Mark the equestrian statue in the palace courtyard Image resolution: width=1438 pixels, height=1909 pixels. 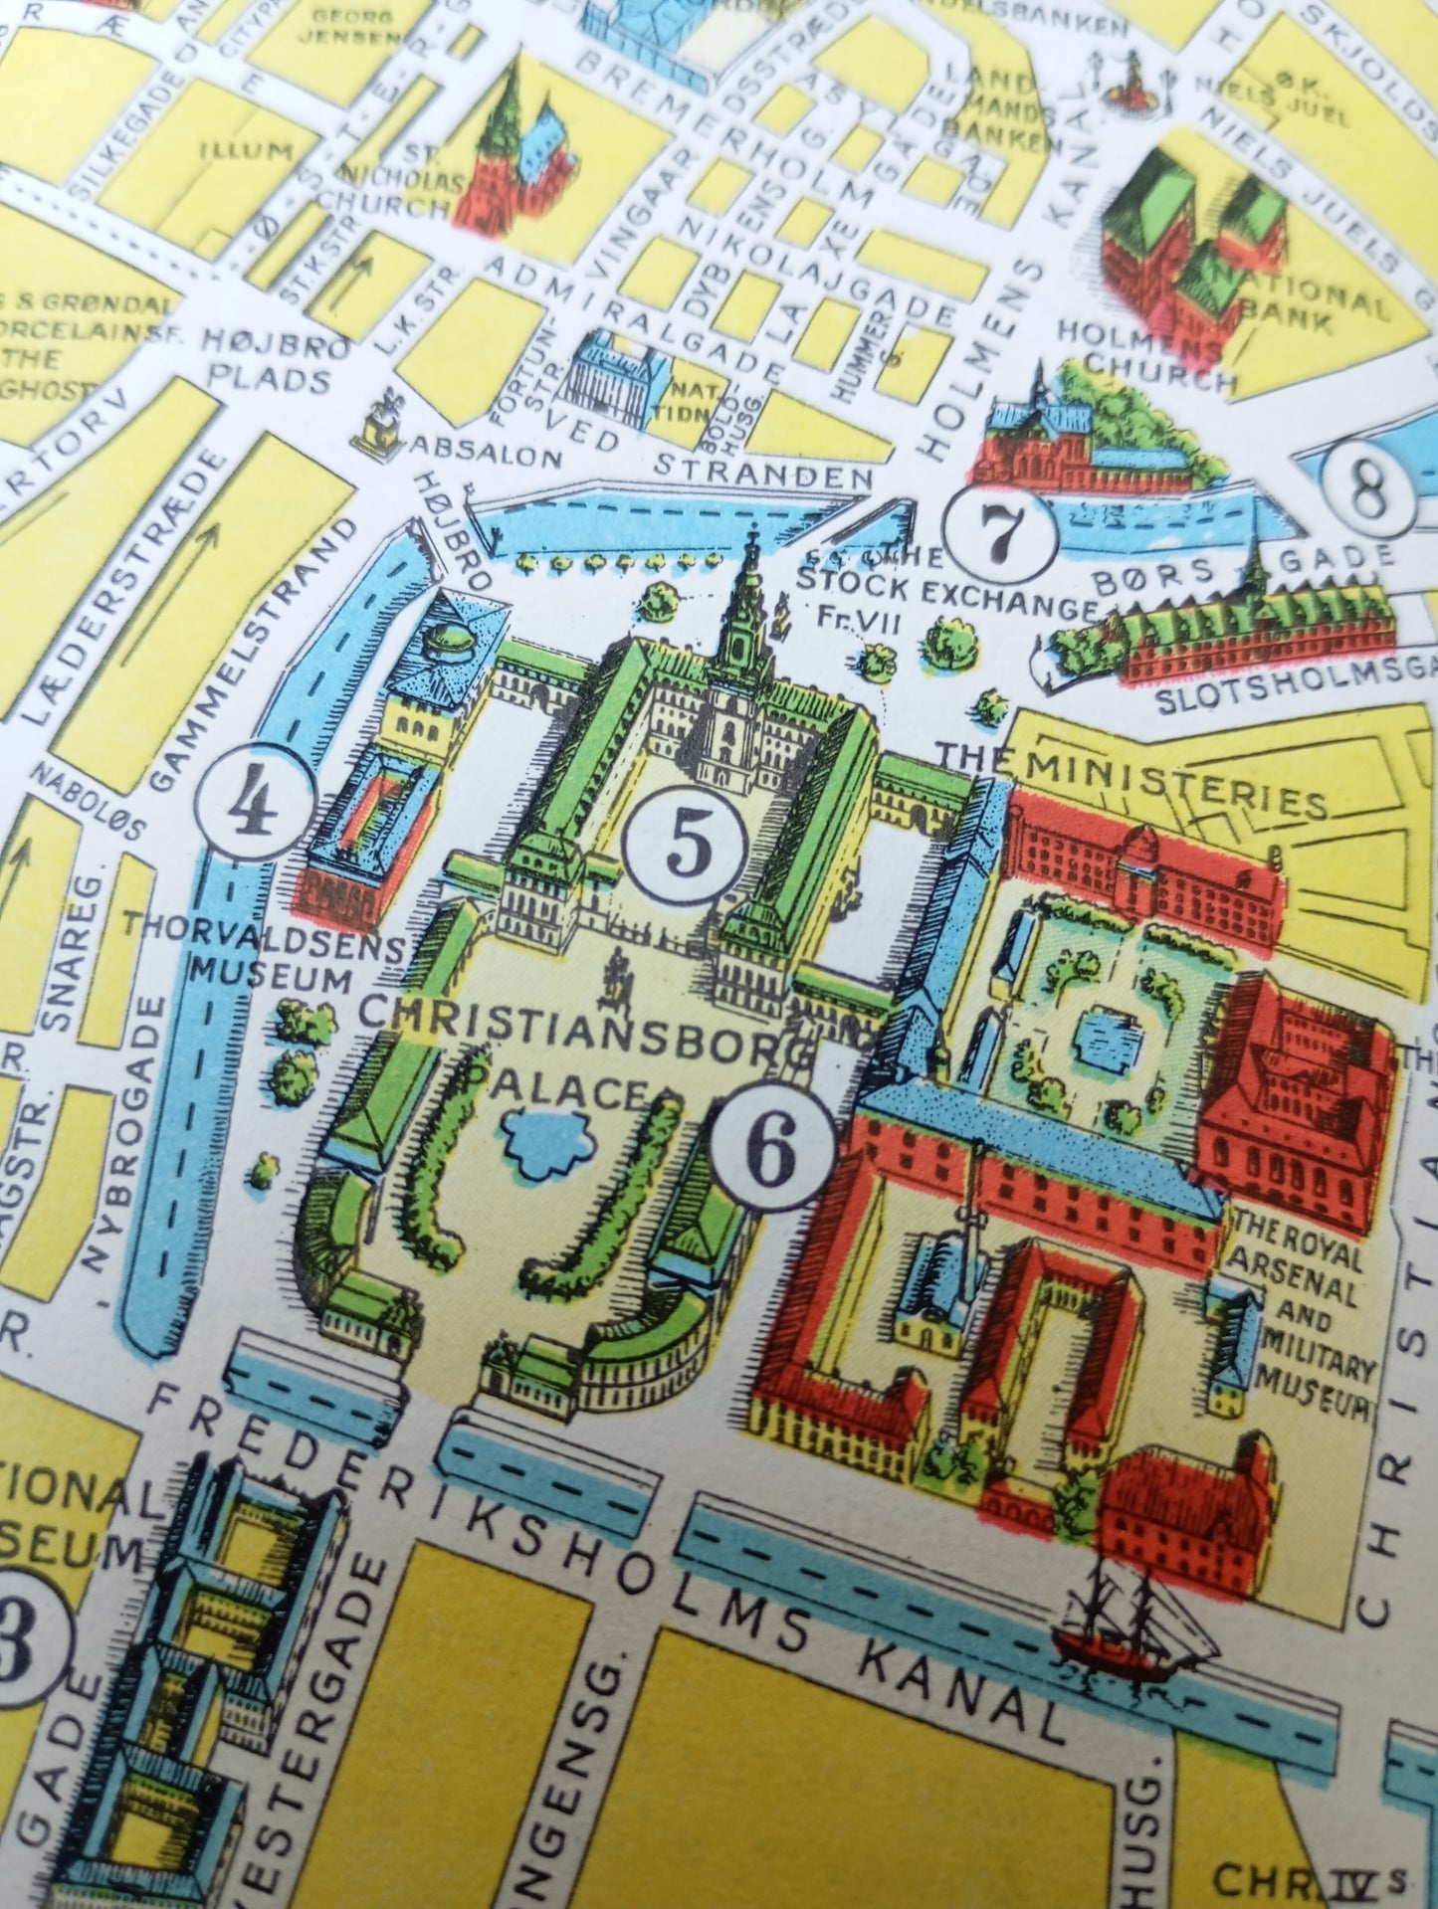[617, 973]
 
